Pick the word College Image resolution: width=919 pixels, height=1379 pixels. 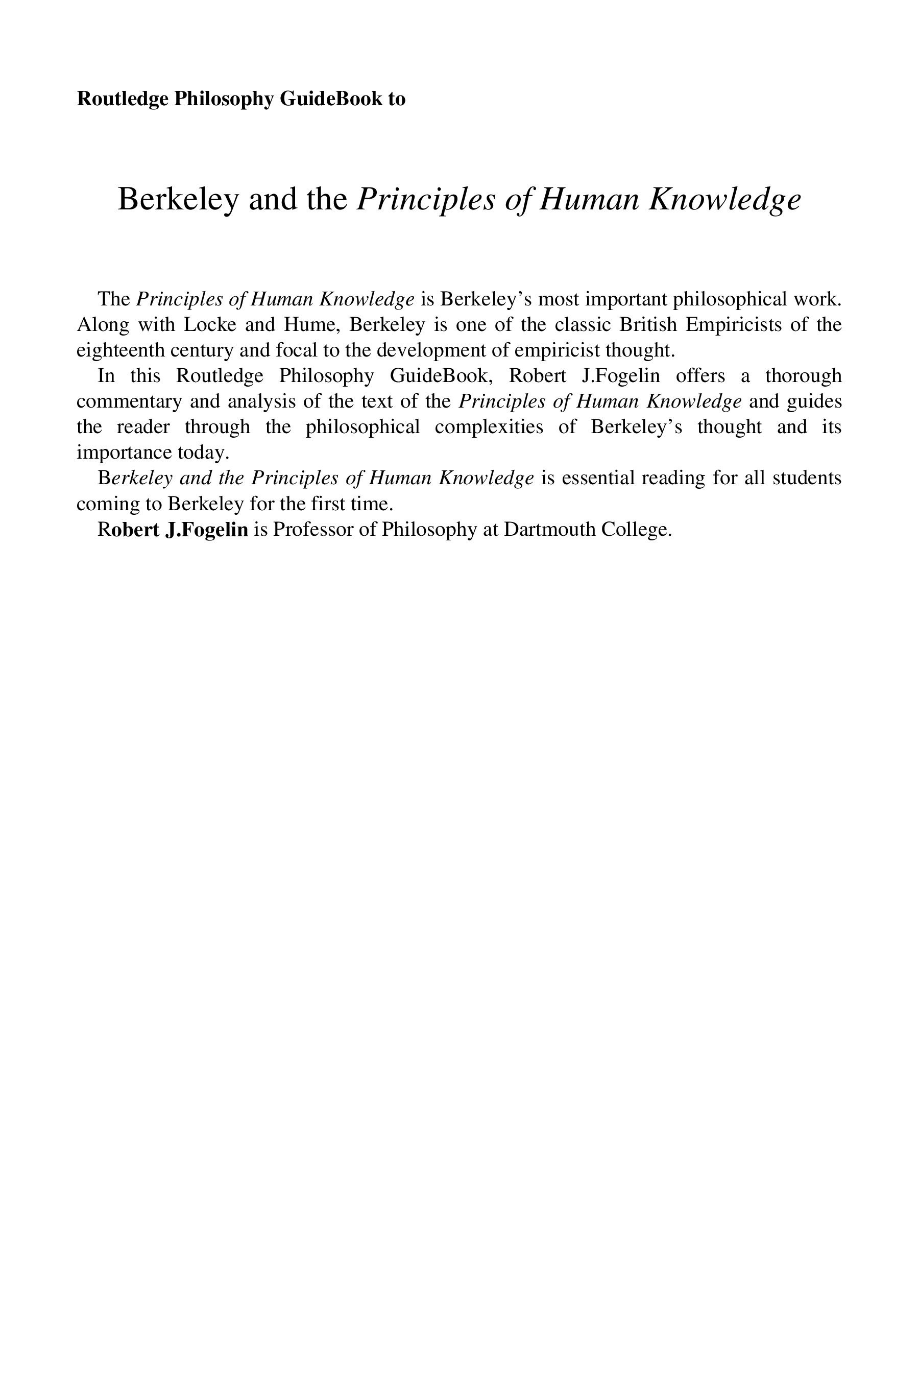(x=642, y=530)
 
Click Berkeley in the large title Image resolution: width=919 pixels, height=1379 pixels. (x=178, y=199)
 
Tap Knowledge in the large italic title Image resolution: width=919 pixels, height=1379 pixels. (x=724, y=199)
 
